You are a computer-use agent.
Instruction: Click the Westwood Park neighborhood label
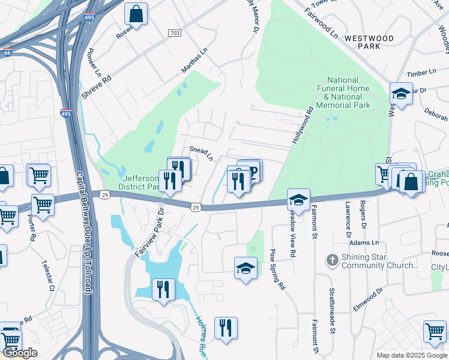(x=369, y=43)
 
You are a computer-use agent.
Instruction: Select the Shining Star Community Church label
(x=379, y=261)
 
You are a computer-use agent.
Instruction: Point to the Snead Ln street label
(x=202, y=154)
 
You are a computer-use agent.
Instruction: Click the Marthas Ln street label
(x=194, y=61)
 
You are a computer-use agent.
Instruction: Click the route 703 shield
(x=175, y=32)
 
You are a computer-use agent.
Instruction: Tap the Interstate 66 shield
(x=7, y=53)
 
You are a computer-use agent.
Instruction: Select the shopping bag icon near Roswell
(x=136, y=13)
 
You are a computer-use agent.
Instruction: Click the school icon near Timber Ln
(x=400, y=94)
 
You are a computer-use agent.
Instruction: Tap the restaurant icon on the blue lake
(x=163, y=289)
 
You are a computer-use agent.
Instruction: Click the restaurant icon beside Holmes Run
(x=226, y=328)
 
